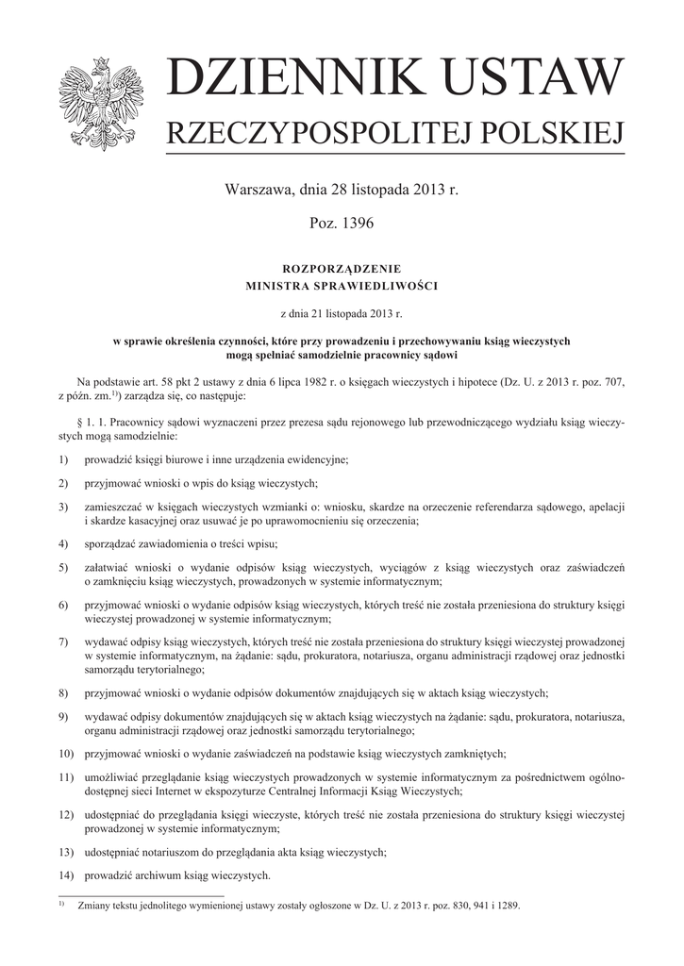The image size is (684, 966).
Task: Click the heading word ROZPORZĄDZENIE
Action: (x=342, y=269)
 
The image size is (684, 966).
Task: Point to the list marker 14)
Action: (x=65, y=874)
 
